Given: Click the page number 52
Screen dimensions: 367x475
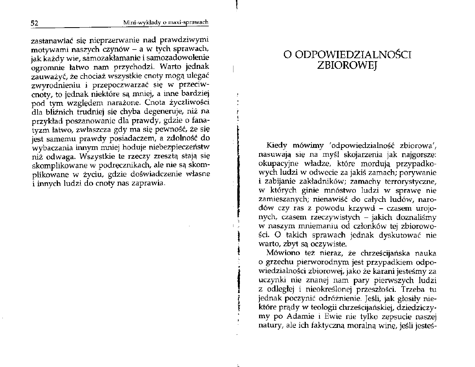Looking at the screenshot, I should click(34, 22).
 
